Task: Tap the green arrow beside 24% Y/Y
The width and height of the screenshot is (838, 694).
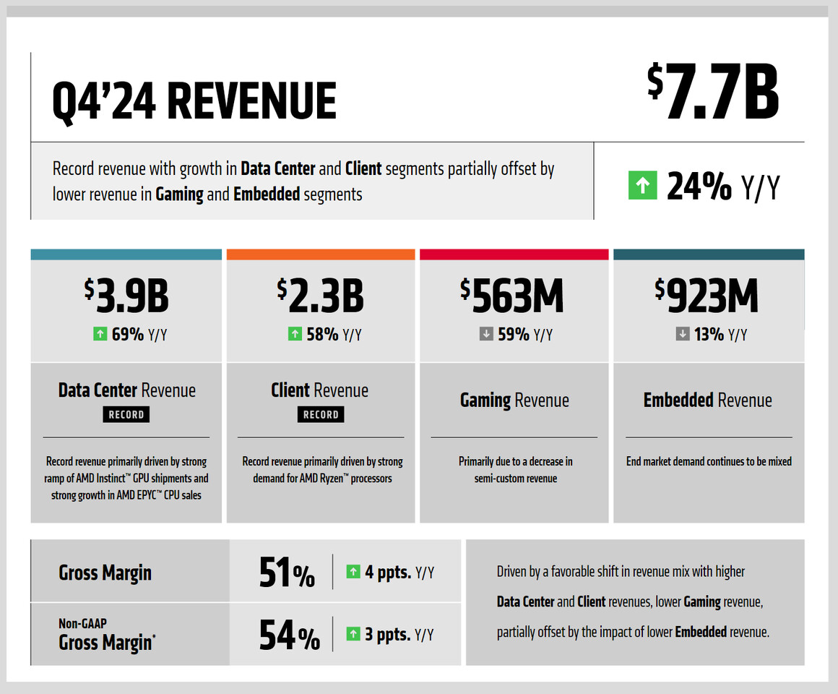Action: pos(642,186)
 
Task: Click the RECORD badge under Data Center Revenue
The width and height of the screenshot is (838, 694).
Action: pos(126,414)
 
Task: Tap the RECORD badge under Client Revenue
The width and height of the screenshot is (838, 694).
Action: pos(321,414)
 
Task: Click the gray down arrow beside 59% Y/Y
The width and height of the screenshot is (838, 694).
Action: pos(486,334)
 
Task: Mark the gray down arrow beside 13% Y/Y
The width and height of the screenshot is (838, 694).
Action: pos(682,334)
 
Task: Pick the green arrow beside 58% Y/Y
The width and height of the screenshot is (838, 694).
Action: pos(294,334)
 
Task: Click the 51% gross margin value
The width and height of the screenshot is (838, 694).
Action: pos(287,573)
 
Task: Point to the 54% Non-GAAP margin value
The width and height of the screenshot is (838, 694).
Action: pos(289,636)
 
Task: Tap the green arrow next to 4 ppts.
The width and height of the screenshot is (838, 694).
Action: pos(353,572)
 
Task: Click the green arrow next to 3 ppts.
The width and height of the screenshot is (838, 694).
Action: pos(353,634)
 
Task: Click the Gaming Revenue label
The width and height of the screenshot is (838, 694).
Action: pos(514,400)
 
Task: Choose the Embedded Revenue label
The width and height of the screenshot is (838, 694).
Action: pos(707,400)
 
